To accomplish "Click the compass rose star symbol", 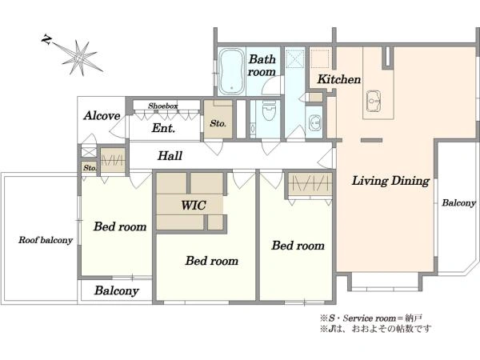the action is click(80, 58).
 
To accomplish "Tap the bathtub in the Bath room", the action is click(232, 71).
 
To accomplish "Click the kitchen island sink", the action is click(374, 102).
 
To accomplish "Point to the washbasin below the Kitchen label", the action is click(314, 122).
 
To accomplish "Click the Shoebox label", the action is click(163, 106).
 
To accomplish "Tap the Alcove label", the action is click(102, 116).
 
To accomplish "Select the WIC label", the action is click(194, 205).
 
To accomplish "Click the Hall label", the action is click(170, 156).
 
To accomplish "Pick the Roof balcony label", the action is click(46, 240).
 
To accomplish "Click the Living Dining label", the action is click(390, 181).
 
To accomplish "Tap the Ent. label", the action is click(163, 128).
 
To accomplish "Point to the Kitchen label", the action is click(339, 79).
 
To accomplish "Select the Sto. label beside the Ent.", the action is click(218, 124).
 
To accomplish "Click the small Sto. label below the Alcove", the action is click(90, 168).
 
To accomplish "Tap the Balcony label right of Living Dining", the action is click(458, 202).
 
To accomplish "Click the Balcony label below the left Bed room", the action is click(117, 290).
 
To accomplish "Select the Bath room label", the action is click(262, 66).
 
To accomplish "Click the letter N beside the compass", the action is click(46, 39).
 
